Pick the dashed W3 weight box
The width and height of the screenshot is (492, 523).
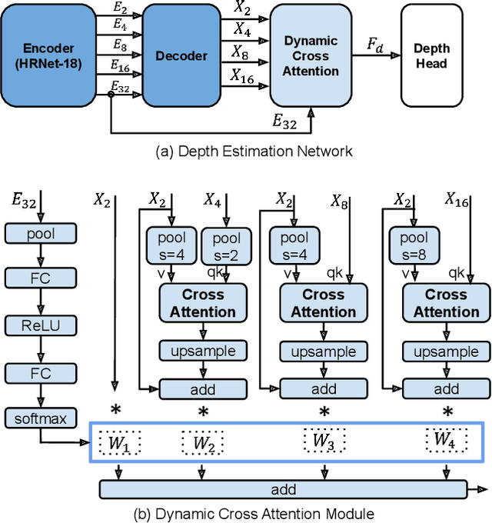[x=324, y=441]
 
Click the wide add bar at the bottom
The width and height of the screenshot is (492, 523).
[x=283, y=489]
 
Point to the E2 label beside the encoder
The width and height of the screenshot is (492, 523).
[x=119, y=9]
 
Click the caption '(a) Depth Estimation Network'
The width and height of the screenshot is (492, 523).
[x=254, y=151]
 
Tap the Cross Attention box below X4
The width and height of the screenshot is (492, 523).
[x=203, y=303]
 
